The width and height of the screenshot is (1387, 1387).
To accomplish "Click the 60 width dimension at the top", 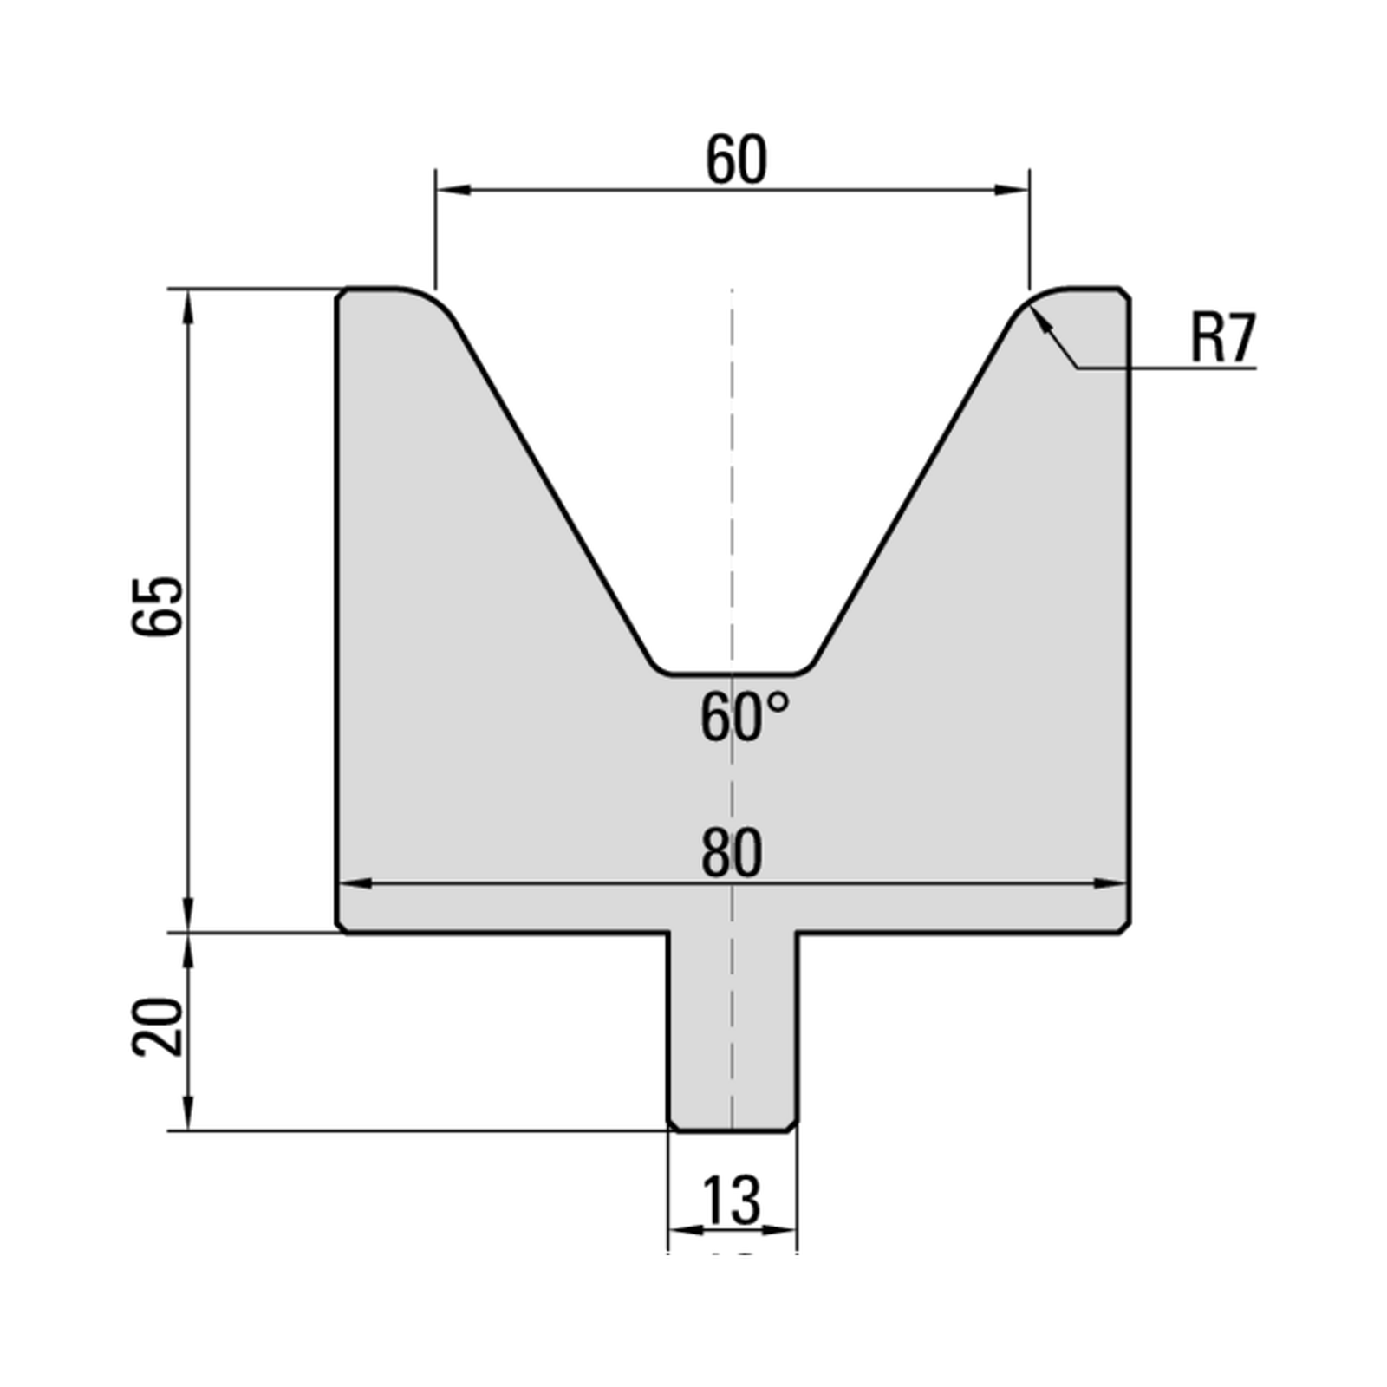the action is (x=736, y=160).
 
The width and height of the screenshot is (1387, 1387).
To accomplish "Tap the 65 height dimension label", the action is (x=159, y=606).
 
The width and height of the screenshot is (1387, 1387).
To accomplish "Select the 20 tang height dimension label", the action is (x=159, y=1027).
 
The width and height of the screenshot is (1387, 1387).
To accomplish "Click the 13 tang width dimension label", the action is (x=732, y=1200).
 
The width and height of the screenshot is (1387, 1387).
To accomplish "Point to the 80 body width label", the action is (x=732, y=853).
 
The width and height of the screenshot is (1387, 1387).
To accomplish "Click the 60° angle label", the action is (x=745, y=718).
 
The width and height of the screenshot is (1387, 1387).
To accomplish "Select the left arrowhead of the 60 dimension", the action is (x=453, y=190).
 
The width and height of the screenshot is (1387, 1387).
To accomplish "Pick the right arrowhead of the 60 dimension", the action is (x=1012, y=190).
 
